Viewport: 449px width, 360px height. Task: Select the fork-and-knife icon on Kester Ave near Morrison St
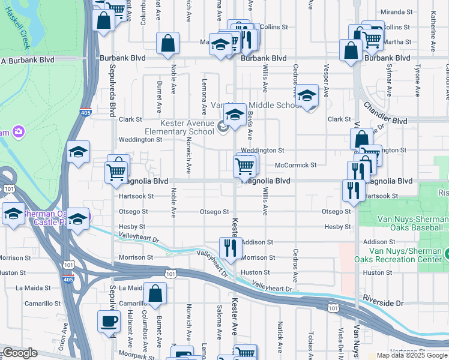point(231,248)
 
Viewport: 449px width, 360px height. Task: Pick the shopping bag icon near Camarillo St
point(155,294)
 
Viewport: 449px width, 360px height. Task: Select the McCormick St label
point(295,164)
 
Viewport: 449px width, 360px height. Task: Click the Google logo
point(19,353)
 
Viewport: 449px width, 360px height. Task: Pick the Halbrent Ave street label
point(130,328)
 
